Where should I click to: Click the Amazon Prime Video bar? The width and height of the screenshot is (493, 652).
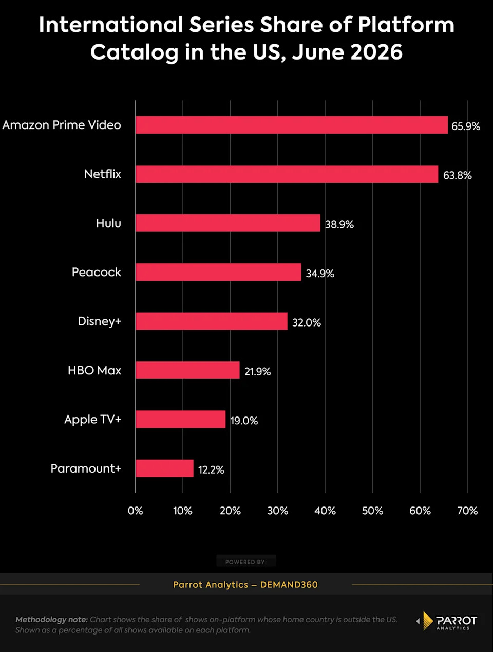292,125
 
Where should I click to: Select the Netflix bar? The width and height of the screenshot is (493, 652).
287,174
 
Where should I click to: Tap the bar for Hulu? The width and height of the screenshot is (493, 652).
228,223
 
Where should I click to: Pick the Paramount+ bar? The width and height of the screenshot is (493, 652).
165,468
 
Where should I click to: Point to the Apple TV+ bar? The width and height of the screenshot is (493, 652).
181,419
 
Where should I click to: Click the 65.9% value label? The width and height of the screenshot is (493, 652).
466,126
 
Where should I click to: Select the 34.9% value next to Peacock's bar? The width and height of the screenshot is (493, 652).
320,274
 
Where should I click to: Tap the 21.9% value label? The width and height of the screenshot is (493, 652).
257,372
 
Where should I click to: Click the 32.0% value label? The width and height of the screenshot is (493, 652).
307,322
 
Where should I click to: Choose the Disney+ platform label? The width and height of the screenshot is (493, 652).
100,321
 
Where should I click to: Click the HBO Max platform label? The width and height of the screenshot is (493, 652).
94,370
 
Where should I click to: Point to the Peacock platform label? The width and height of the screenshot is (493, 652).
97,272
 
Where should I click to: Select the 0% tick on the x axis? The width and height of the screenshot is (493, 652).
135,511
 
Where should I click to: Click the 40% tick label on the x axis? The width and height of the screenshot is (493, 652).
325,511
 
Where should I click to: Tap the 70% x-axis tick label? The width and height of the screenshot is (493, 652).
467,511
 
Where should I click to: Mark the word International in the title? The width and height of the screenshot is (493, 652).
110,24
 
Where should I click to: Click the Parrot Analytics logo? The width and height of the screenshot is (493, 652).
447,621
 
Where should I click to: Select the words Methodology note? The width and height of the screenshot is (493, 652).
52,620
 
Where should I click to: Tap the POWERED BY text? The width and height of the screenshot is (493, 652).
246,562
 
